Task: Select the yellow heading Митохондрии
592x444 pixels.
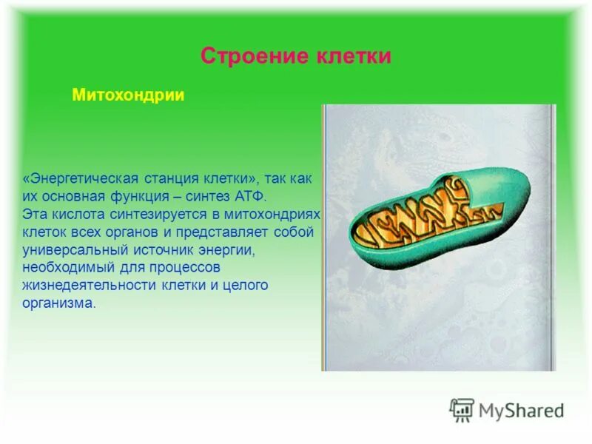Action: (x=127, y=96)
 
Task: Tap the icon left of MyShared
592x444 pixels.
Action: (x=462, y=409)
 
